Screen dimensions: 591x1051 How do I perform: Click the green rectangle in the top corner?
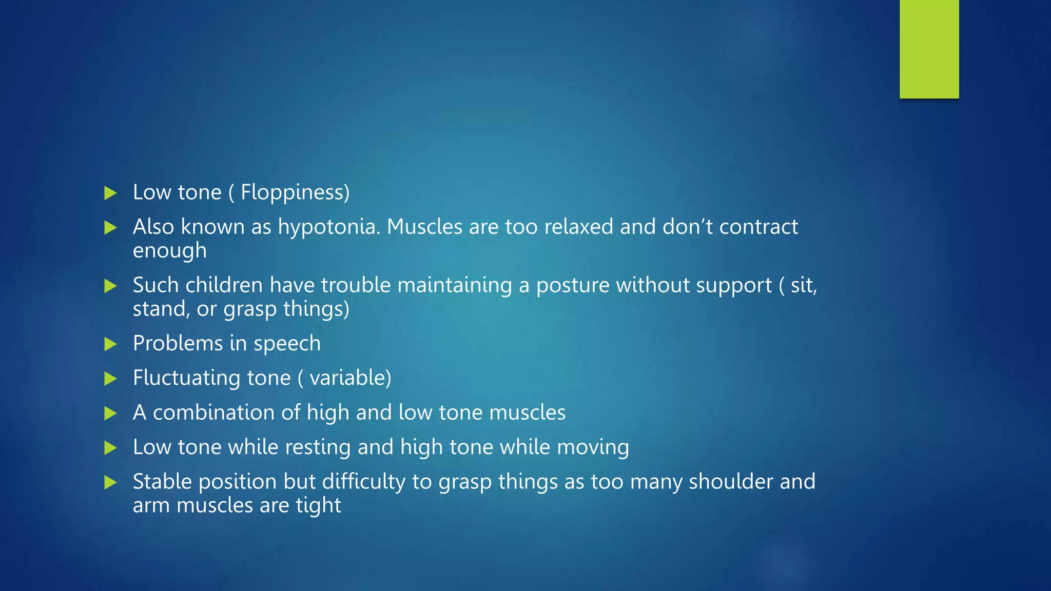(929, 49)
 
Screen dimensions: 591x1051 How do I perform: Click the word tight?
(318, 506)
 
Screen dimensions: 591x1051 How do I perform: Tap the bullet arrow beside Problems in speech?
(110, 344)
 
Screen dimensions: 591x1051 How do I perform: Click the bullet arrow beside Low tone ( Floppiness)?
(110, 193)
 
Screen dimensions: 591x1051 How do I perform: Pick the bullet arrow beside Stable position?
(110, 482)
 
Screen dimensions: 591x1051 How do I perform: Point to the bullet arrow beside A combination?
(110, 413)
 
